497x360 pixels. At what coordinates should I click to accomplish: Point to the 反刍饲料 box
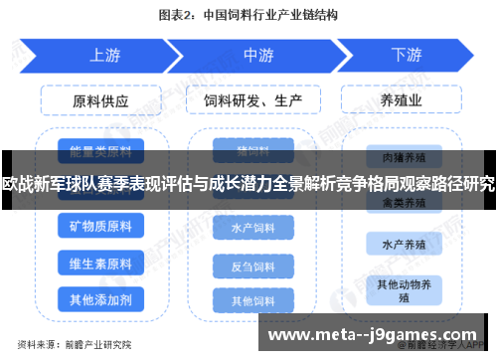pyautogui.click(x=252, y=266)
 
